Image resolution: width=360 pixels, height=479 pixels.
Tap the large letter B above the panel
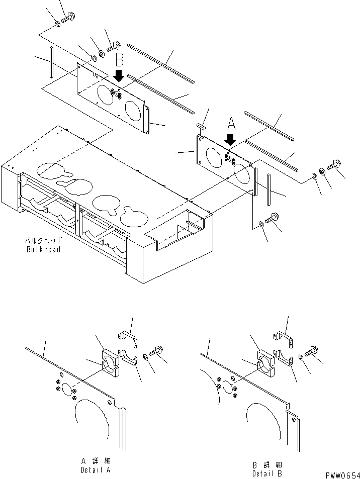click(x=119, y=60)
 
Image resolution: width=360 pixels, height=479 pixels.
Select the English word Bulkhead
click(x=44, y=249)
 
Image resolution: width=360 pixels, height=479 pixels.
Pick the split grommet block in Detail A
click(x=110, y=363)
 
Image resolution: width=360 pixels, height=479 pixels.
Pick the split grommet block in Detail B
click(x=266, y=363)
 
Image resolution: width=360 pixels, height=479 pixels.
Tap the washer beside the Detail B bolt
click(x=301, y=357)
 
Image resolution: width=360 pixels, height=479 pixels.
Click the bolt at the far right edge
click(x=334, y=165)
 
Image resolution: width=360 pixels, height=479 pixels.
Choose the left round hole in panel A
click(x=216, y=156)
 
